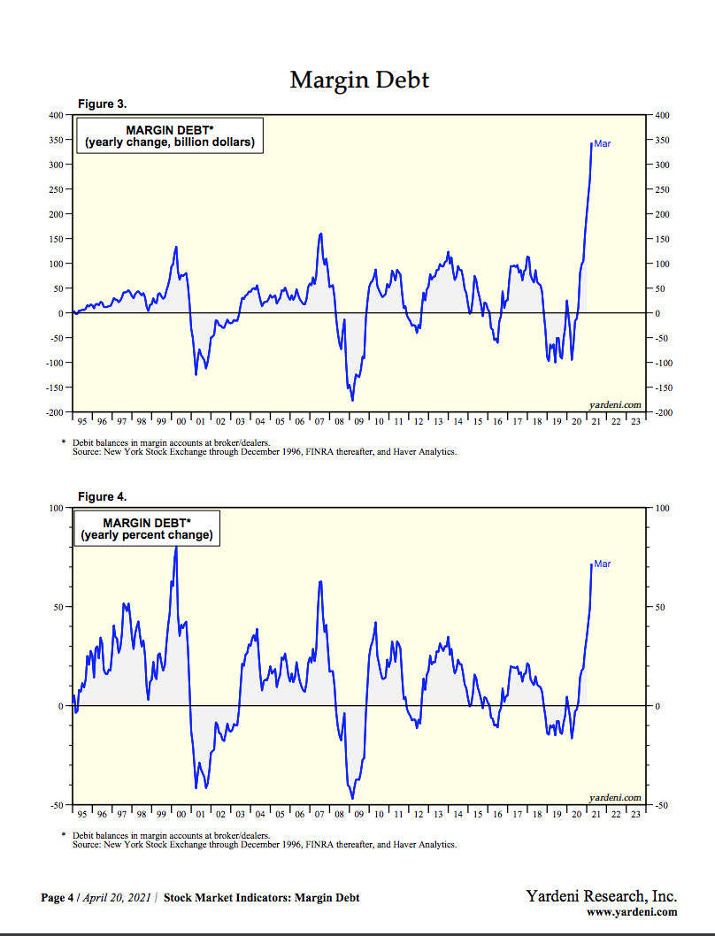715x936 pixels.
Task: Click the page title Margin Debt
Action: pyautogui.click(x=359, y=80)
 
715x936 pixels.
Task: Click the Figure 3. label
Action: pyautogui.click(x=102, y=104)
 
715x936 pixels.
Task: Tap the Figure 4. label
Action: pyautogui.click(x=102, y=497)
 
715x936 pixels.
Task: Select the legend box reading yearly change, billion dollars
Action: pyautogui.click(x=168, y=135)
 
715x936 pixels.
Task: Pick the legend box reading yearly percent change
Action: pyautogui.click(x=147, y=528)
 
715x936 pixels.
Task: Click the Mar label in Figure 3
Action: pyautogui.click(x=602, y=143)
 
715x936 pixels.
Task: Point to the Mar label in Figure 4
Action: pyautogui.click(x=602, y=564)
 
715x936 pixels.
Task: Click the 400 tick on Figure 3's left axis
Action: pyautogui.click(x=55, y=115)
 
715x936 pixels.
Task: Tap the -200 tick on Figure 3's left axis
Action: pyautogui.click(x=53, y=413)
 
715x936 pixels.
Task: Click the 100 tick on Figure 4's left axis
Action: pyautogui.click(x=55, y=508)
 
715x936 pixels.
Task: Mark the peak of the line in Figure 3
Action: pyautogui.click(x=591, y=143)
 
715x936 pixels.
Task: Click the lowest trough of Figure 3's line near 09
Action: pyautogui.click(x=352, y=400)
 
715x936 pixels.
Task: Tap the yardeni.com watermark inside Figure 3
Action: pyautogui.click(x=614, y=403)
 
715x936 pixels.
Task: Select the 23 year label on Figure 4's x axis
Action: pyautogui.click(x=634, y=814)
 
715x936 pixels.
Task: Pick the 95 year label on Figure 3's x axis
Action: pyautogui.click(x=83, y=422)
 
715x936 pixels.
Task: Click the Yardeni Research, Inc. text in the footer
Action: pyautogui.click(x=602, y=896)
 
